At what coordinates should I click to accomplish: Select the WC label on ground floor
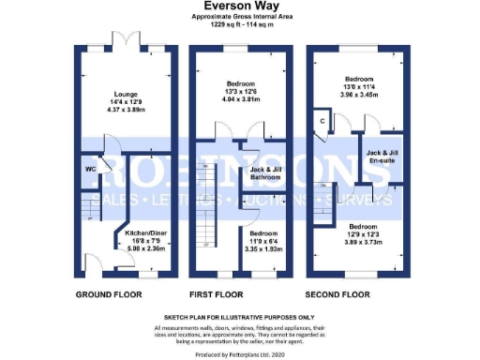click(90, 171)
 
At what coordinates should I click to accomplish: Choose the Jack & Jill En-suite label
click(385, 156)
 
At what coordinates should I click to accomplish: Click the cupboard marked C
click(322, 121)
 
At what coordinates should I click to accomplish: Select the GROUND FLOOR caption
click(109, 293)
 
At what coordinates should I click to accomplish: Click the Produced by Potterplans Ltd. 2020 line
click(239, 353)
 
